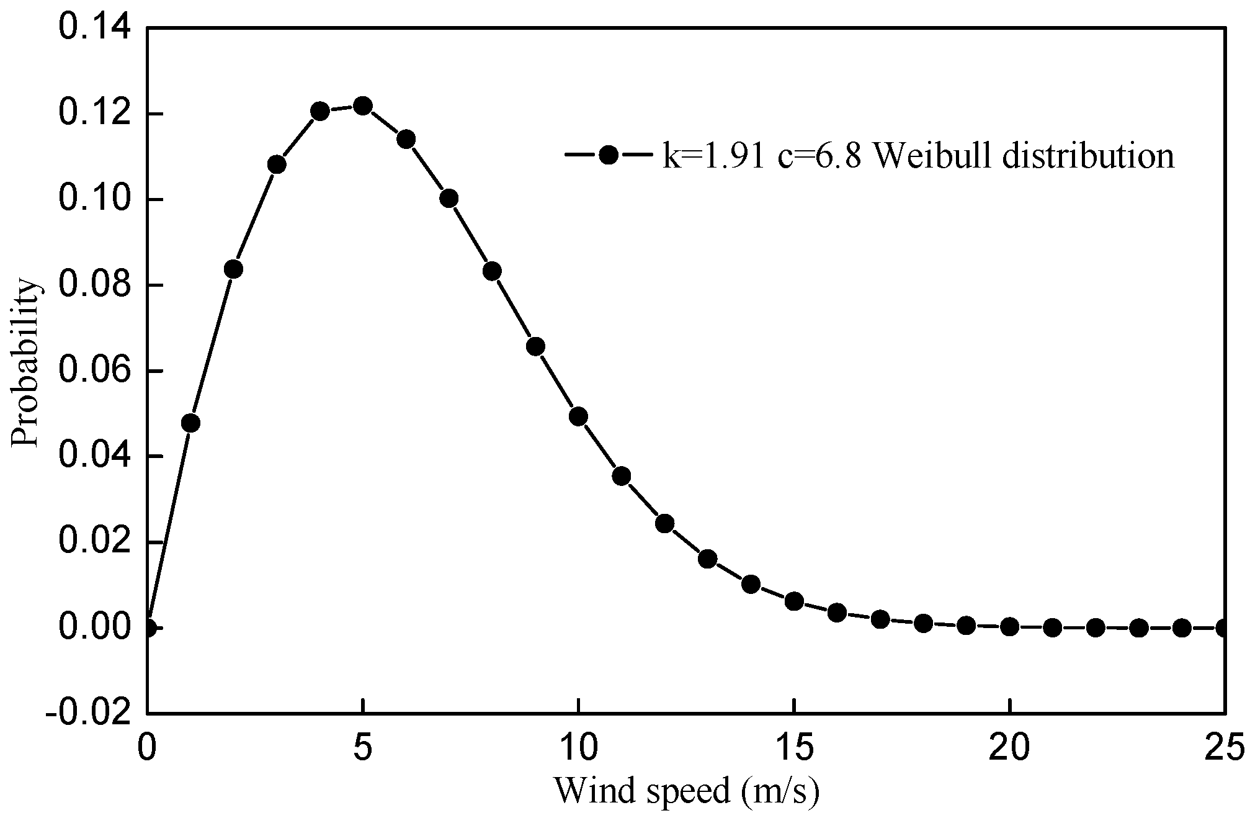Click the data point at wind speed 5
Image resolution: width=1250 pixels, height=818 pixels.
click(363, 106)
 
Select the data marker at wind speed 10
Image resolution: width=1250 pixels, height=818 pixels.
click(578, 416)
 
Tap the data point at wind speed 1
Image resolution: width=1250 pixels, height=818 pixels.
click(190, 423)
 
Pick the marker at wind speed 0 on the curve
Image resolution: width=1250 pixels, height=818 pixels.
click(148, 627)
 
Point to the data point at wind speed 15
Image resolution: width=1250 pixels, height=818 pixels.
click(794, 601)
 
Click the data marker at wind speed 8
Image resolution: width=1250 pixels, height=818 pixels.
click(492, 271)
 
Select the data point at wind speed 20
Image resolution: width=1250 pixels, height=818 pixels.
click(1009, 627)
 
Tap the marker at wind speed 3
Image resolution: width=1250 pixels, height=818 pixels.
click(277, 164)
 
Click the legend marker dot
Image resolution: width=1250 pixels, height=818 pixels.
click(609, 155)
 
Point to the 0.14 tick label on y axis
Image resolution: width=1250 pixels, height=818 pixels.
click(94, 29)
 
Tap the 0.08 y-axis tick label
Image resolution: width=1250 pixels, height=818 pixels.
click(94, 285)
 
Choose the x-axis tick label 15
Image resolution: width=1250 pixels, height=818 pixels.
click(794, 747)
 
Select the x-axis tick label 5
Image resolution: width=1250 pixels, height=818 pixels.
click(363, 747)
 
